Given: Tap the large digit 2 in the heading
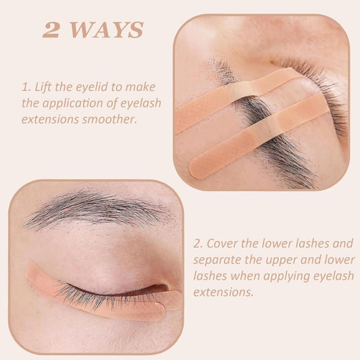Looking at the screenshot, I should click(50, 30).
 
